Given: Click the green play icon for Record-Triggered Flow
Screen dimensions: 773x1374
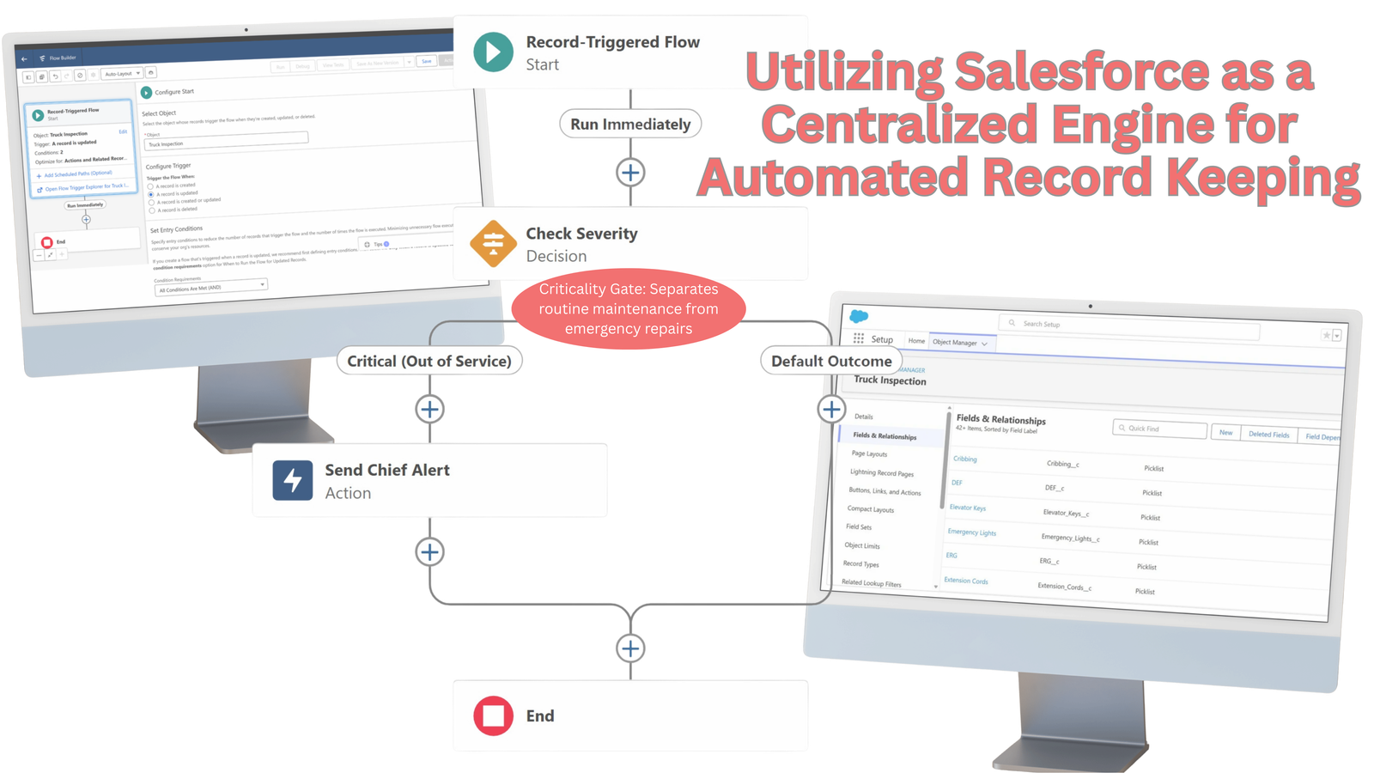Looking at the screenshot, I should pos(493,52).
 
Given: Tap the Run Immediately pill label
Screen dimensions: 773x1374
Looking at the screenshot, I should pos(630,125).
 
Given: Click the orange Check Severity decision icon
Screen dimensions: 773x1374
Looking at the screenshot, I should pos(493,244).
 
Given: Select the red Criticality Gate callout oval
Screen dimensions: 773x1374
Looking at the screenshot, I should pos(629,309).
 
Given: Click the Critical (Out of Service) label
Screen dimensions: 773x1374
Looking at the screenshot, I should pos(429,362).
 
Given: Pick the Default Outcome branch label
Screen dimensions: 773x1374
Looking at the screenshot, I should pos(830,362).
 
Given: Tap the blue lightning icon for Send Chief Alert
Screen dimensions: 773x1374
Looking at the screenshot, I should pos(293,480).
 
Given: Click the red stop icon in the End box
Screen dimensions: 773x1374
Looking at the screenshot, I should pos(493,715).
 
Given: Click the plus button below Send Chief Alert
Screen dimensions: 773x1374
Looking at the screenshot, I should pos(430,552).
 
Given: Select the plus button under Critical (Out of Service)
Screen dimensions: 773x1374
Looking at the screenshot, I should pos(430,409).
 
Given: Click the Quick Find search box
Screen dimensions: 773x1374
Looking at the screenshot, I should pos(1160,428).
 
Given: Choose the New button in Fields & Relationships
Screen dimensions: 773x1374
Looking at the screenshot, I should pos(1225,432).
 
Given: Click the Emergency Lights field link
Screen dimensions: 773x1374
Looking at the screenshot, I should pos(971,533).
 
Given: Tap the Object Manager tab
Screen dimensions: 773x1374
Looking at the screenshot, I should pos(958,342).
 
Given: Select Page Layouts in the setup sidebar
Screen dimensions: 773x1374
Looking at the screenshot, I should pos(869,453).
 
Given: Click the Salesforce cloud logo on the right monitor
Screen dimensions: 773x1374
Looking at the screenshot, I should pos(859,316).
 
